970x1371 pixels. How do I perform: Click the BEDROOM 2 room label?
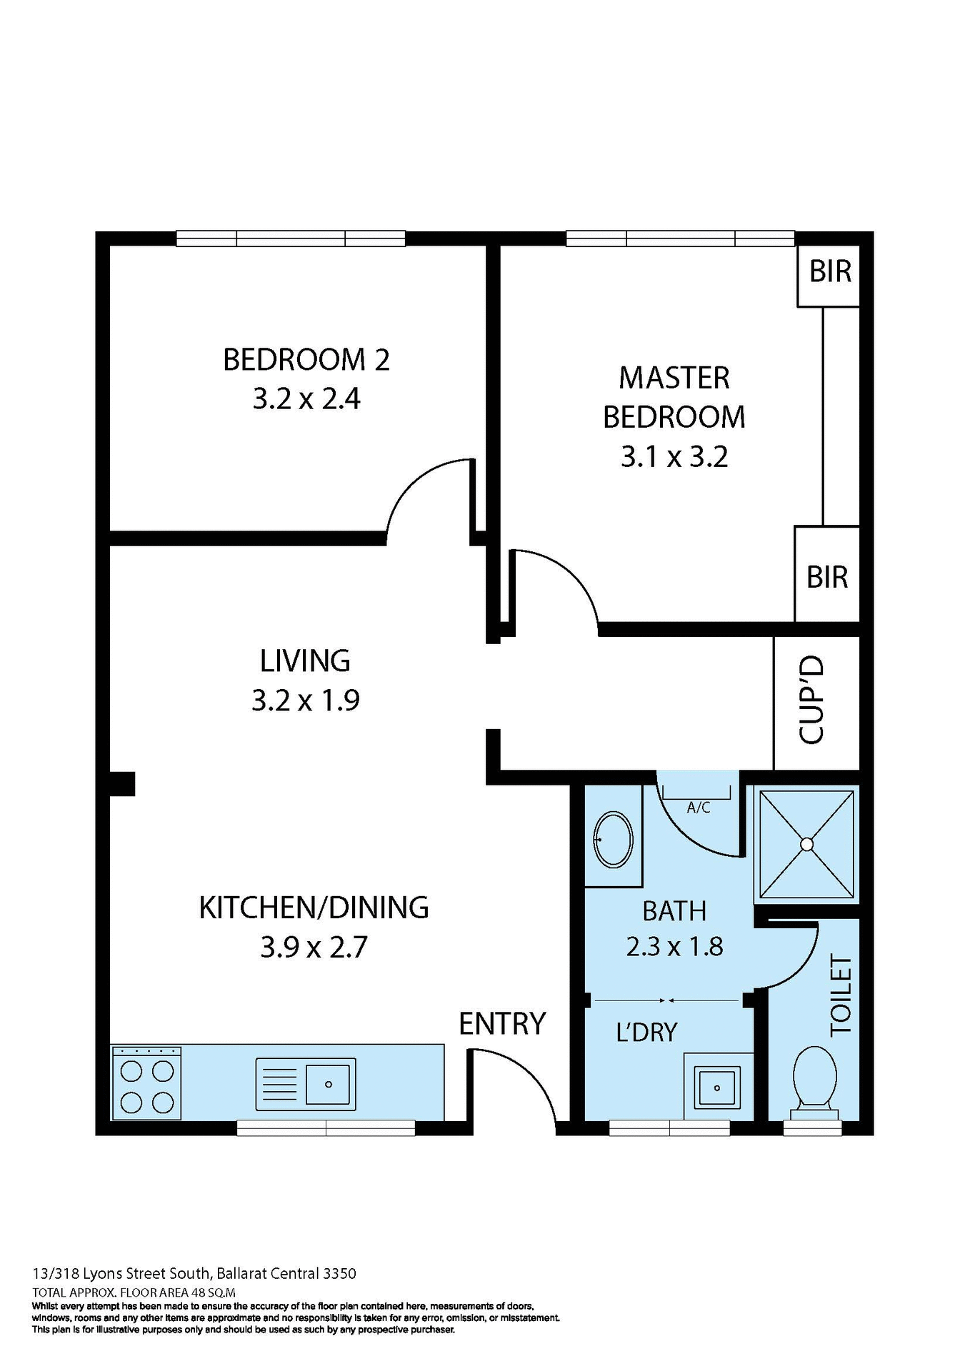[x=306, y=359]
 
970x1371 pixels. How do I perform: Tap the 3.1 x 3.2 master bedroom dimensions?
[x=674, y=456]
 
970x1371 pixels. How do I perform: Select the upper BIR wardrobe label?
[x=829, y=271]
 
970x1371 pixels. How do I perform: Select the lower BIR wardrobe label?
[x=826, y=577]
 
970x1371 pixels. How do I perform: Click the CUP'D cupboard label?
[x=812, y=700]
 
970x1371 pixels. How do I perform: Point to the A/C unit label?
[x=698, y=808]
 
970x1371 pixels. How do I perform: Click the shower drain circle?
[x=806, y=845]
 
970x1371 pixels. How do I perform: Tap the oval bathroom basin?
[x=613, y=839]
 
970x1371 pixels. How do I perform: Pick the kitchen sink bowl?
[x=329, y=1084]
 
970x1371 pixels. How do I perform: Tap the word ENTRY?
[x=501, y=1024]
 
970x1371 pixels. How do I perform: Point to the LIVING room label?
[x=305, y=661]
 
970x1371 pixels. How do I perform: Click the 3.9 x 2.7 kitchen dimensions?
[x=314, y=948]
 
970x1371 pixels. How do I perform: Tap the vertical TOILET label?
[x=841, y=995]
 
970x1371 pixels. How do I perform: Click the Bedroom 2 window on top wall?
[x=291, y=238]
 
